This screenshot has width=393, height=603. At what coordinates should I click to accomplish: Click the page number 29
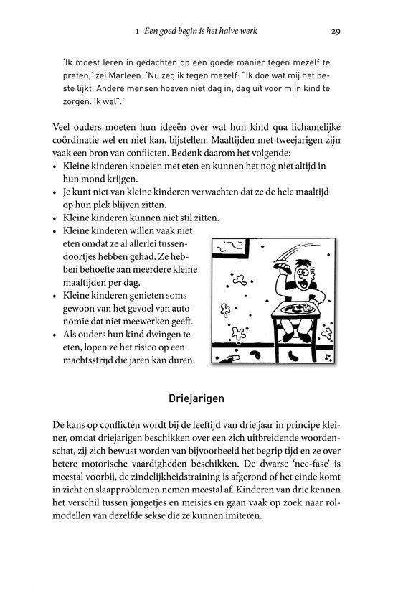(x=335, y=31)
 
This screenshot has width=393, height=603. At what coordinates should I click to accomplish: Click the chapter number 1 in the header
(x=136, y=32)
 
